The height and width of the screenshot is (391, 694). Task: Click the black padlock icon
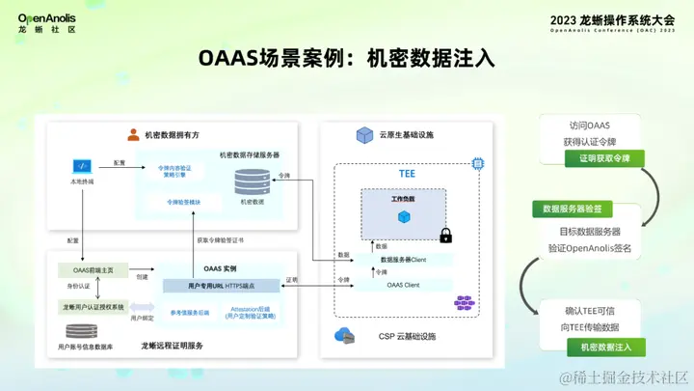[445, 235]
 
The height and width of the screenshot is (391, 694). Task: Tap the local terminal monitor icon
[81, 166]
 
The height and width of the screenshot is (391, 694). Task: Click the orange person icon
[133, 135]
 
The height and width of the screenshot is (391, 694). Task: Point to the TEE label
[407, 175]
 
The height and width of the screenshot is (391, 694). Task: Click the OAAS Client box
[404, 284]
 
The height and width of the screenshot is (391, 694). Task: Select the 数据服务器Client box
[404, 260]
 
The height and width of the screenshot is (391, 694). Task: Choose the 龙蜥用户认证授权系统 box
[93, 307]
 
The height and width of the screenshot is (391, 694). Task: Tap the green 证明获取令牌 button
[604, 157]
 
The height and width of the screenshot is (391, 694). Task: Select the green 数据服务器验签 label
[573, 209]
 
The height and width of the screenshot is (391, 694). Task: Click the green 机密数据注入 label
[606, 345]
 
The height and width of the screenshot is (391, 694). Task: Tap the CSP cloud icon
[343, 335]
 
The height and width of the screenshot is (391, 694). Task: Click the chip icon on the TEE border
[475, 164]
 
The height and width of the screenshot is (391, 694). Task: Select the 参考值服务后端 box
[190, 311]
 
